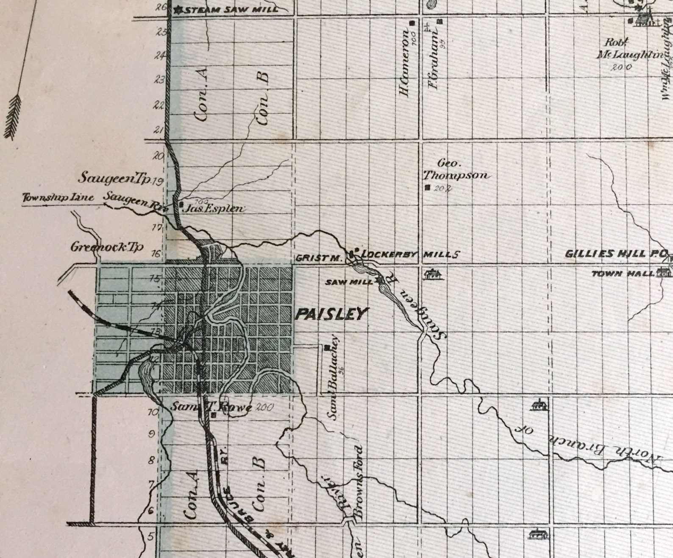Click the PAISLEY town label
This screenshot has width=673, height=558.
330,314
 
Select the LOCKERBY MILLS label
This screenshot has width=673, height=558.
409,255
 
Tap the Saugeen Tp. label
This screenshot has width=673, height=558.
114,178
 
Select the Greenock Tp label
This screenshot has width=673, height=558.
107,247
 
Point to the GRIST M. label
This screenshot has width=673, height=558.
318,258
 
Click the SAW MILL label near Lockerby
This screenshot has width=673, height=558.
349,282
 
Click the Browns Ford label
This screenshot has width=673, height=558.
358,482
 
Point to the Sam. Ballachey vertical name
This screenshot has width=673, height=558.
334,377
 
